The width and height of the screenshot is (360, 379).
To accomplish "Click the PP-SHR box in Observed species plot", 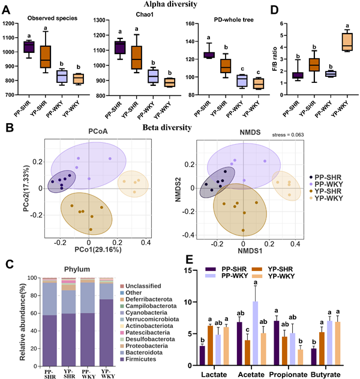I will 28,47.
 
